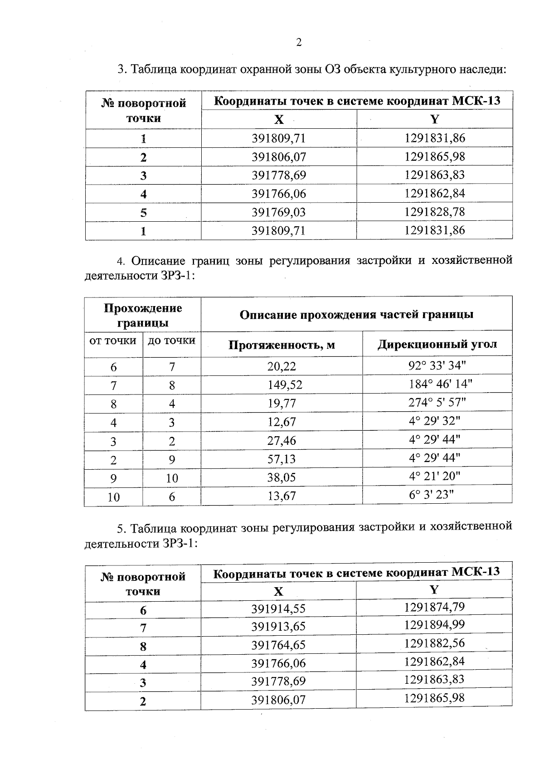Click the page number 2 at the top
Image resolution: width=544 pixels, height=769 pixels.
tap(299, 43)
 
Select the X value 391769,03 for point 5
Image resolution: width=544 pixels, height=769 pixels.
tap(279, 212)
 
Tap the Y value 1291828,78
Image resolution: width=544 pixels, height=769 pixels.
tap(435, 212)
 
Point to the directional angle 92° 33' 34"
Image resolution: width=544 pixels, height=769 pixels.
tap(437, 365)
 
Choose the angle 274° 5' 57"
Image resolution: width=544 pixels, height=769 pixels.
tap(437, 403)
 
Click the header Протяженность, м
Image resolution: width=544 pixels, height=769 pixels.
tap(282, 346)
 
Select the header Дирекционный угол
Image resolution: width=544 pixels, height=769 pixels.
tap(437, 345)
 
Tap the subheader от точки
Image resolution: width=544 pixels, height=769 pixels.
tap(113, 341)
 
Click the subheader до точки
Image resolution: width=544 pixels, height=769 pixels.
tap(172, 341)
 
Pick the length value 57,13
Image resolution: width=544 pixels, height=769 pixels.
tap(282, 459)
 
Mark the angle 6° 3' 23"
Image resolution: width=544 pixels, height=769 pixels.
tap(431, 495)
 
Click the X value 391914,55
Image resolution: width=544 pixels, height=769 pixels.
tap(278, 609)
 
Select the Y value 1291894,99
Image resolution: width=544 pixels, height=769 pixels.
tap(434, 625)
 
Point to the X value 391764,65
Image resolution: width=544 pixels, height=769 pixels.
tap(278, 645)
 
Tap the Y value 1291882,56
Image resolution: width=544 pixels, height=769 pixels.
tap(434, 643)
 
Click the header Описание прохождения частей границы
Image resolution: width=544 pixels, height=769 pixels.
tap(356, 315)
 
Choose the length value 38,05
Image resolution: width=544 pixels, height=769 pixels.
tap(282, 477)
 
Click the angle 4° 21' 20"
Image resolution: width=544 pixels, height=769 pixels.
tap(434, 477)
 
